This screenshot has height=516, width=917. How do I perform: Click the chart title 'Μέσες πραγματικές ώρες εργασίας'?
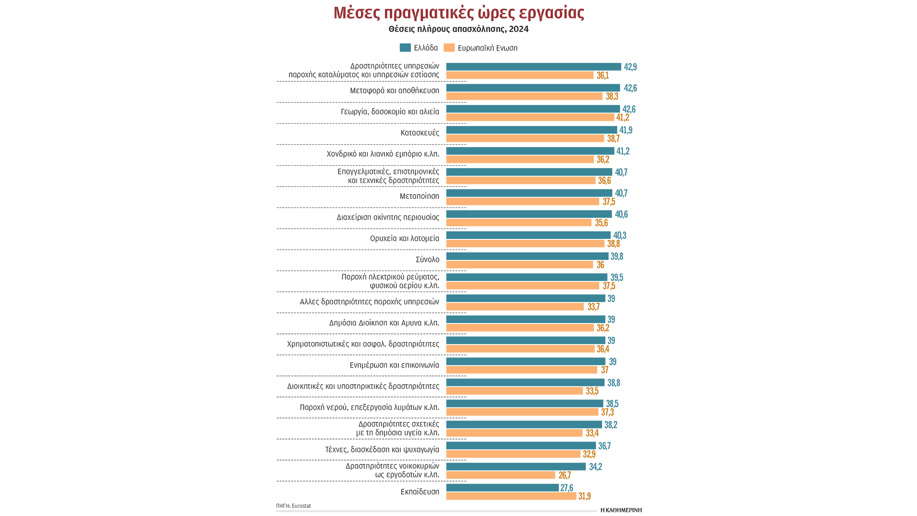pos(458,13)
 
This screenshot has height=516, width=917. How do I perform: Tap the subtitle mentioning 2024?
pos(458,29)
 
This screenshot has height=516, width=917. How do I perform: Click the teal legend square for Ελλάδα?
pos(405,48)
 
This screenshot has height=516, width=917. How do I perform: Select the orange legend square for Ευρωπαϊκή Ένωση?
pos(449,48)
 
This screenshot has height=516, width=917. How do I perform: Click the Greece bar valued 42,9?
pos(533,67)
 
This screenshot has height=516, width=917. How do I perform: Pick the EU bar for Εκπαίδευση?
pos(511,496)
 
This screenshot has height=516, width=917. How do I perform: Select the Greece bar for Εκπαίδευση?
pos(502,488)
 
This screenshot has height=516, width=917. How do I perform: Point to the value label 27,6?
pos(566,488)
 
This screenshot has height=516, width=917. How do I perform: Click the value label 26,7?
pos(565,475)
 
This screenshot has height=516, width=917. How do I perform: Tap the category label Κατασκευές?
pos(420,133)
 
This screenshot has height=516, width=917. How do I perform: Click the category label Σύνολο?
pos(427,259)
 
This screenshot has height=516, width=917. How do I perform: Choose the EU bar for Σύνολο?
pos(520,265)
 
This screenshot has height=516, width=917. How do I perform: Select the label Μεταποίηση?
pos(419,196)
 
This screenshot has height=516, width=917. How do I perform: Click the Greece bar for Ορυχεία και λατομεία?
pos(528,235)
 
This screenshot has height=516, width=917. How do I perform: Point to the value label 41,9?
pos(626,130)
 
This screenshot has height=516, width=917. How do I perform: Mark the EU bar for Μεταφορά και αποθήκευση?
pos(524,97)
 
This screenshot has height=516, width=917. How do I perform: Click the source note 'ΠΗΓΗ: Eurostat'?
pos(293,506)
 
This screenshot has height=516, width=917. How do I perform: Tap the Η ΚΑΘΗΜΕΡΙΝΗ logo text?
pos(621,510)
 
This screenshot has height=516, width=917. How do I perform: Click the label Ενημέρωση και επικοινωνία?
pos(395,365)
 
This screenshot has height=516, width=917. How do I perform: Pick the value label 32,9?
pos(589,454)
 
